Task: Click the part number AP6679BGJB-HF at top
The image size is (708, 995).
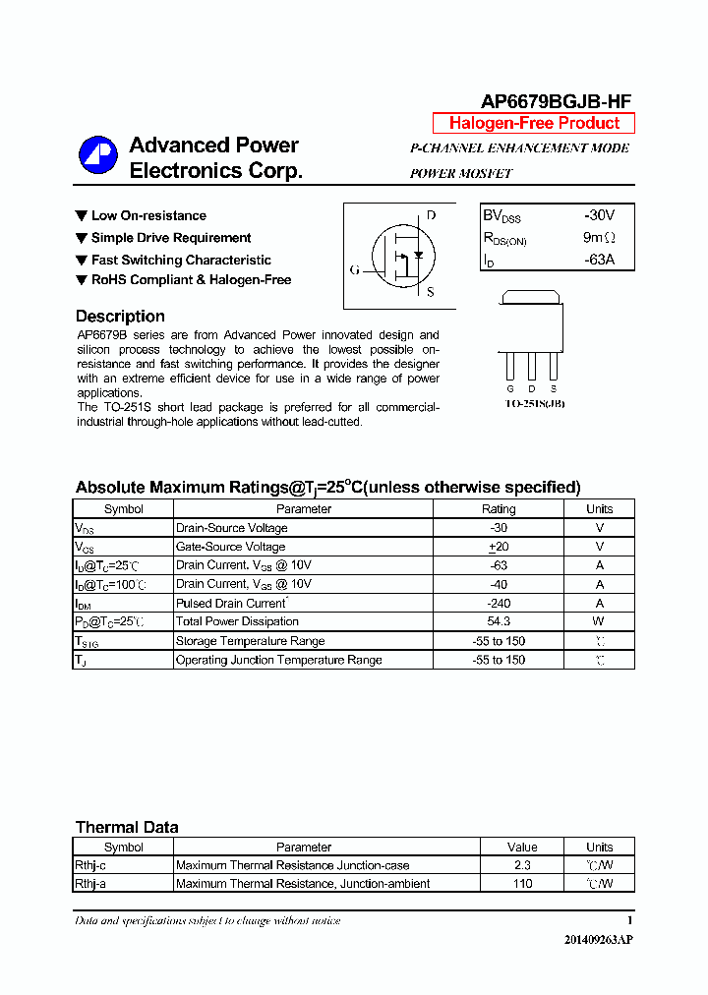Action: point(556,101)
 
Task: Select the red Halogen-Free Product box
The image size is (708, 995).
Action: point(534,123)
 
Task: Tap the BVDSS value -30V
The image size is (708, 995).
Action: point(598,215)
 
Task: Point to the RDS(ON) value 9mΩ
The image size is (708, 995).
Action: point(598,238)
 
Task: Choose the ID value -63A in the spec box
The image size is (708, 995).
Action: point(598,260)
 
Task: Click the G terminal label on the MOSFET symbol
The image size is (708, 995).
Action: point(354,270)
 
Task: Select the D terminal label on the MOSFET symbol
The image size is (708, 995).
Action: point(431,215)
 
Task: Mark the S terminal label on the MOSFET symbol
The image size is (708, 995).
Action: point(431,292)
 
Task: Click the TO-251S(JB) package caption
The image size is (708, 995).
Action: point(534,404)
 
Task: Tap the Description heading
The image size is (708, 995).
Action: point(120,317)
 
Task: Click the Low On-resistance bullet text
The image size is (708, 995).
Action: point(148,215)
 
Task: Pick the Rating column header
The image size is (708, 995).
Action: point(498,509)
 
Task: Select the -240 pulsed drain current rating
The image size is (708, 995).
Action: point(498,603)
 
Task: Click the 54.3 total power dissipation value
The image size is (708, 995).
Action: point(498,621)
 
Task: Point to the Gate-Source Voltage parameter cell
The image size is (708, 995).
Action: point(231,547)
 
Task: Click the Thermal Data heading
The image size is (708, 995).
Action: point(127,828)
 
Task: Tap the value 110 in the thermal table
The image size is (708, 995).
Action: point(522,884)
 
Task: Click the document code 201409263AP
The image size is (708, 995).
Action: point(598,940)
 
